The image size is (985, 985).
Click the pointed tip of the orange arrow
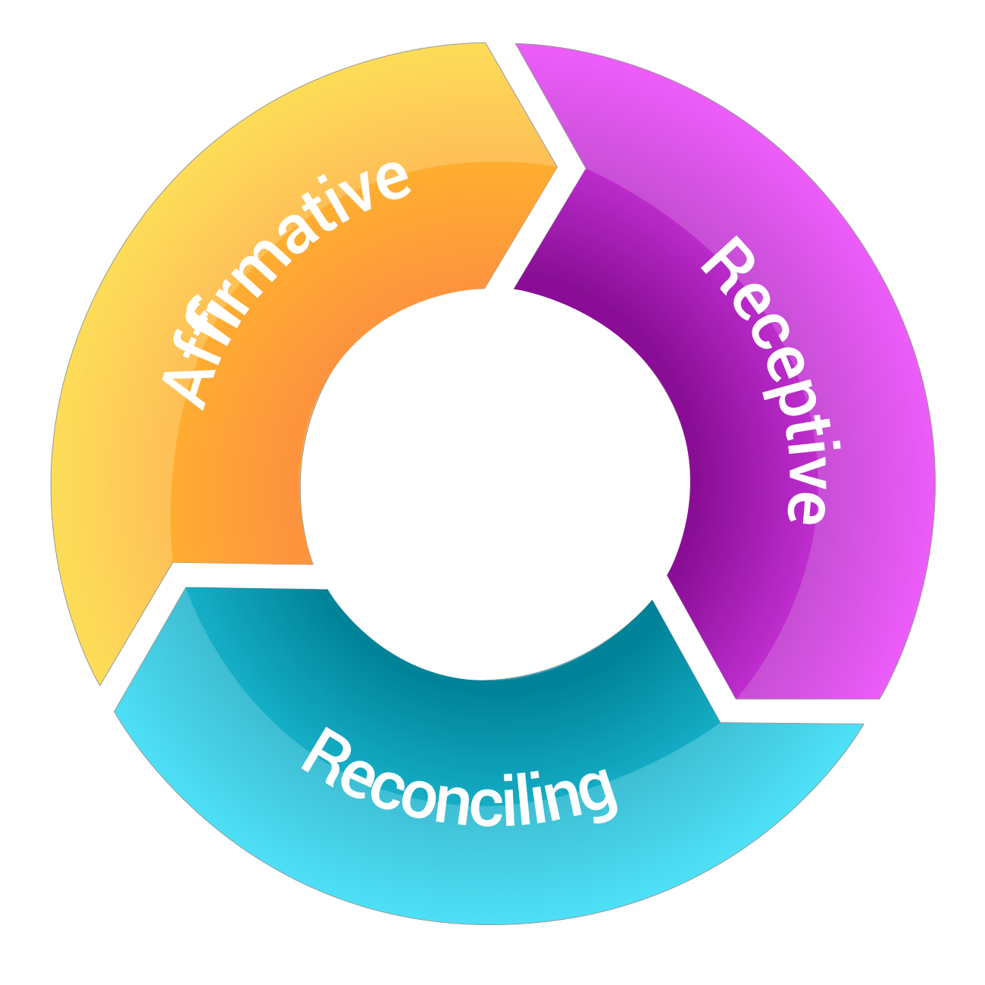(x=557, y=165)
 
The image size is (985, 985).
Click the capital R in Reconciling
(x=322, y=750)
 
